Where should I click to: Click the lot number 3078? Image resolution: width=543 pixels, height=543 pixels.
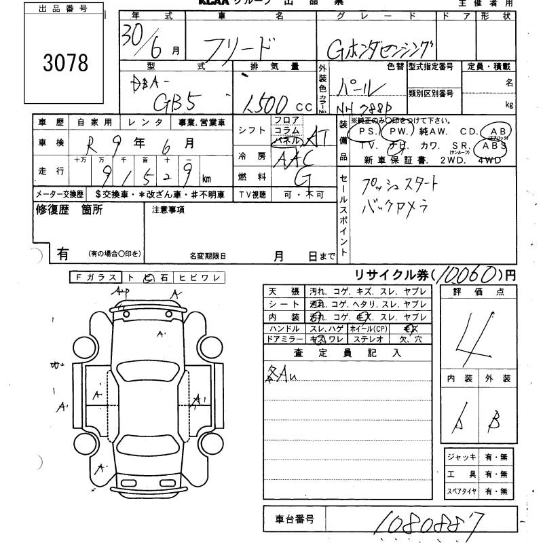click(x=66, y=62)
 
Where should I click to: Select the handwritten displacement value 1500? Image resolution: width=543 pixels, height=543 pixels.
click(x=267, y=102)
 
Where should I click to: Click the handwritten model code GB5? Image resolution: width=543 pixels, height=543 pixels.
click(x=172, y=100)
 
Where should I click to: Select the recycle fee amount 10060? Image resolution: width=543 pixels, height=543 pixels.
click(x=464, y=274)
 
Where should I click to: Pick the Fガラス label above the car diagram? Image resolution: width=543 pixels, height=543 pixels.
click(x=96, y=277)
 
